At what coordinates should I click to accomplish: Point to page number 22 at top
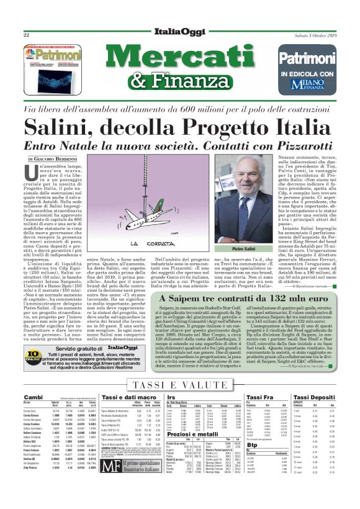click(27, 35)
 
